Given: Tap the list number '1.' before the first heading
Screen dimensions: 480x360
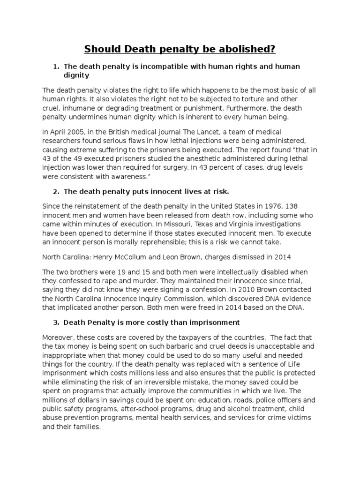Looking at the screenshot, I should coord(56,67).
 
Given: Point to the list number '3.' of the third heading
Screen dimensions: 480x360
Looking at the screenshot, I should coord(56,322).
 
